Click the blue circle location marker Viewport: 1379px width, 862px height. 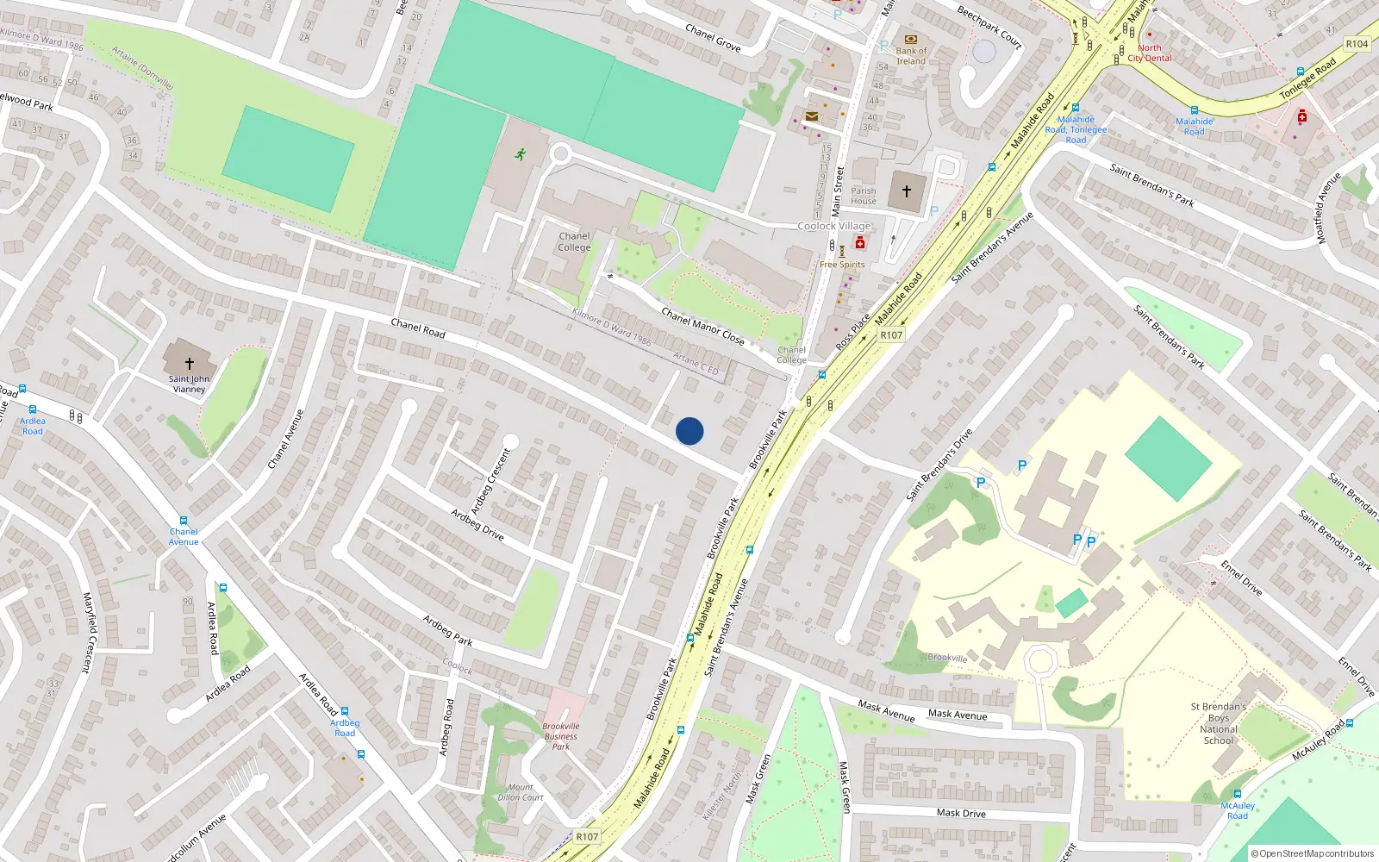click(x=689, y=431)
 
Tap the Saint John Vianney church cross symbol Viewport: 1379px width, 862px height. click(x=190, y=364)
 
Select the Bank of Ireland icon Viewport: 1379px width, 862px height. click(x=911, y=39)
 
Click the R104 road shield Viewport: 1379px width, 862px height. click(x=1357, y=44)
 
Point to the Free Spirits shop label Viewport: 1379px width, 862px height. click(x=842, y=265)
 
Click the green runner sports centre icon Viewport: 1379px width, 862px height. click(x=520, y=154)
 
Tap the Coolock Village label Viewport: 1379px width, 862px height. click(x=834, y=226)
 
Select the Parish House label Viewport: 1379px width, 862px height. click(x=864, y=197)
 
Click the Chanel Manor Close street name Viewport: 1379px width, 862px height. click(x=702, y=326)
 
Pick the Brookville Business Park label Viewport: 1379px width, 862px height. click(x=561, y=736)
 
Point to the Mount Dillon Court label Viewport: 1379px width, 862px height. click(x=521, y=792)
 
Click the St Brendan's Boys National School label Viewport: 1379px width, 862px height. click(x=1219, y=723)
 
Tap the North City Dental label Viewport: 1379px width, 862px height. click(x=1150, y=53)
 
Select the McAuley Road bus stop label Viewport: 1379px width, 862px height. click(x=1238, y=810)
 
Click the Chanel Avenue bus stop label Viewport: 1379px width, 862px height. click(x=184, y=536)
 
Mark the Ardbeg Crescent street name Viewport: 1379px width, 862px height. click(x=491, y=481)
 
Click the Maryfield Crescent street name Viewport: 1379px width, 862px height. click(x=88, y=632)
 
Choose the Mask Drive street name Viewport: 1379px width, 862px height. click(x=961, y=813)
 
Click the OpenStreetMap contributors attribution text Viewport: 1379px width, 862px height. click(x=1313, y=853)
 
